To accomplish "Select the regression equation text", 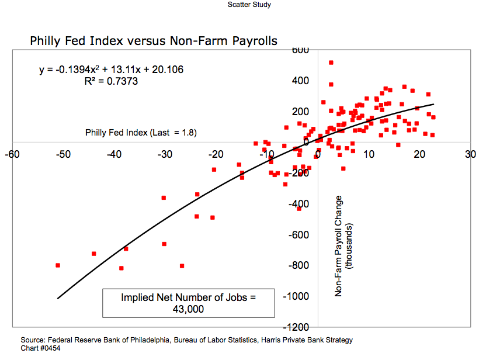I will point(112,70).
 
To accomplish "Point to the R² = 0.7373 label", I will point(111,82).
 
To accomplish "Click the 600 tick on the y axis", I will point(300,50).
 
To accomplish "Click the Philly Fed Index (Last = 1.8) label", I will point(141,133).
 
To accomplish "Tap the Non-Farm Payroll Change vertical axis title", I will point(339,245).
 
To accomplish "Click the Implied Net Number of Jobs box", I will point(189,303).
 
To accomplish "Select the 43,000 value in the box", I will point(188,309).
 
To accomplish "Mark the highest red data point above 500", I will point(331,63).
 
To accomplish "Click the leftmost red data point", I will point(58,265).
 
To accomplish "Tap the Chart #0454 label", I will point(40,348).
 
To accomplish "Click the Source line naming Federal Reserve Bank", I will point(186,340).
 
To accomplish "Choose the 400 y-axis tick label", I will point(300,81).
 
